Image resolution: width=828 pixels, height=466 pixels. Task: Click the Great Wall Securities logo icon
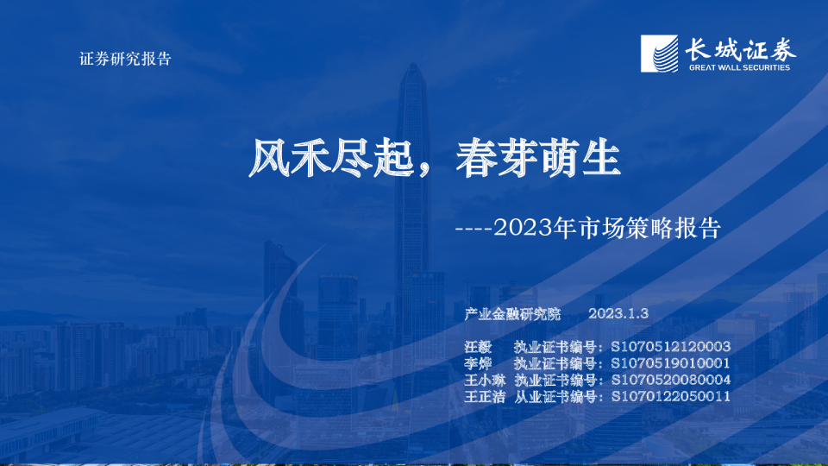pyautogui.click(x=660, y=54)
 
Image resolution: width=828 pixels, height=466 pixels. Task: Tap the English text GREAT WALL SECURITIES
pyautogui.click(x=739, y=66)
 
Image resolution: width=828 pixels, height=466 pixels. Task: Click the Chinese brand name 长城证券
pyautogui.click(x=740, y=48)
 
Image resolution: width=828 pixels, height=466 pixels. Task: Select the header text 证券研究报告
pyautogui.click(x=125, y=60)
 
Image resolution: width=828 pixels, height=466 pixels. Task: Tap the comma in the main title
pyautogui.click(x=428, y=168)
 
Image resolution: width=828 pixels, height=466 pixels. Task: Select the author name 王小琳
pyautogui.click(x=485, y=380)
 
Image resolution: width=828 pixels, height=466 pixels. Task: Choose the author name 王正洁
pyautogui.click(x=485, y=396)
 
